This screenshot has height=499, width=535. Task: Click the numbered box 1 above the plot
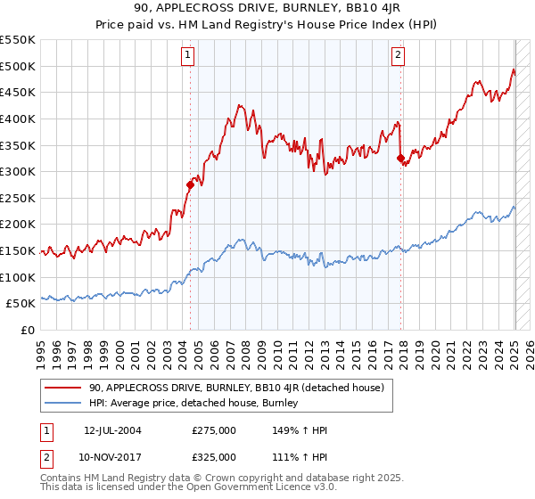(189, 55)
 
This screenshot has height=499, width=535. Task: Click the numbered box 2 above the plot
(398, 55)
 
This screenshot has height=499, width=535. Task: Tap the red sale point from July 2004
(190, 185)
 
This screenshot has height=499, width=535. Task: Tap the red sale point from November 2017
(400, 159)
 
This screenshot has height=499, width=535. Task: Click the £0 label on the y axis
(27, 331)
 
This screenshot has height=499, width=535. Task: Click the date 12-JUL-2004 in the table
(112, 430)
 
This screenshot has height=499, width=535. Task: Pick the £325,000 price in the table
(214, 456)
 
